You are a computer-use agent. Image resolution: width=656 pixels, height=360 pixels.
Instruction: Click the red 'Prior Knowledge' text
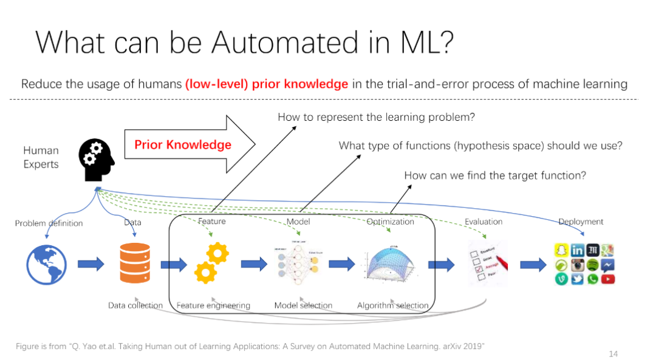[183, 144]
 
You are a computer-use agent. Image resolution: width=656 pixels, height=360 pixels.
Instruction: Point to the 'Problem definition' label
[49, 223]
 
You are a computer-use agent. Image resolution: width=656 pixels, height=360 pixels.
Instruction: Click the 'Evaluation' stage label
[483, 222]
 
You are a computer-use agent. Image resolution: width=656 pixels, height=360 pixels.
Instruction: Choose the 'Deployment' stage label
[581, 222]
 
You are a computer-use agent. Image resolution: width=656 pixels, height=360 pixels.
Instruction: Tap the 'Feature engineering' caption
[213, 305]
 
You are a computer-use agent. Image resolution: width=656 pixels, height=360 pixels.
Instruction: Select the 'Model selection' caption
[303, 305]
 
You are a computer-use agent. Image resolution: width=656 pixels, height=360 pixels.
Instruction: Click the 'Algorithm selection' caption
[392, 305]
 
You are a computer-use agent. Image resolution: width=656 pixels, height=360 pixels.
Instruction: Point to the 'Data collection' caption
[135, 305]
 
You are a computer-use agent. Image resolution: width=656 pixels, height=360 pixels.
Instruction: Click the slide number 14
[613, 353]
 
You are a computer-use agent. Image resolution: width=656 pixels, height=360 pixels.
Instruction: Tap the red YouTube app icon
[607, 279]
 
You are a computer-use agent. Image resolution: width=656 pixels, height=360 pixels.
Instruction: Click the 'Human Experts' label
[41, 157]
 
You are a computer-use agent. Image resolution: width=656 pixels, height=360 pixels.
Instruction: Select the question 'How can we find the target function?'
[495, 175]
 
